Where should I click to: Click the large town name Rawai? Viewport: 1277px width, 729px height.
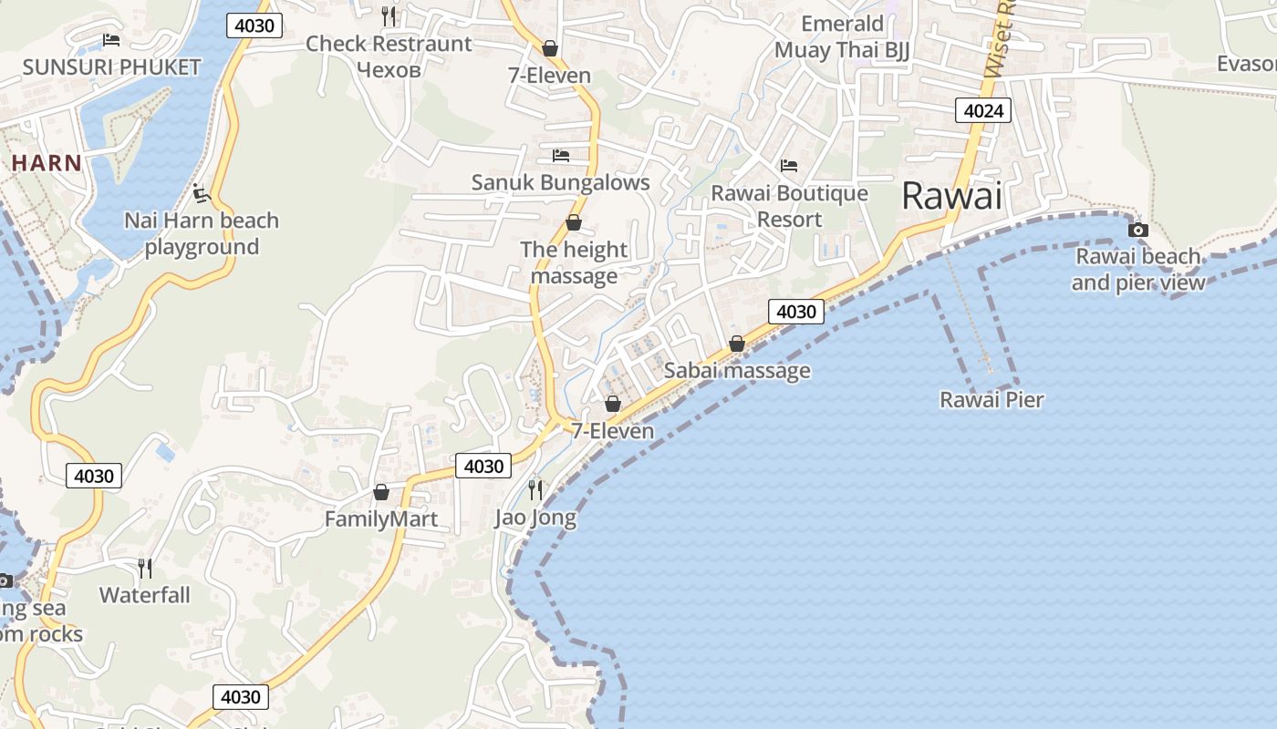951,196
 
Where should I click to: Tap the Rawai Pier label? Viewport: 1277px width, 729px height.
991,399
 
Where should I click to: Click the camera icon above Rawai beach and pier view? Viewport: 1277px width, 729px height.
1137,230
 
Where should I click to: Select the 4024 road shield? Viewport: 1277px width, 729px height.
983,111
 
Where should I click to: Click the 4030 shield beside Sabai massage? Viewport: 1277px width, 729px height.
795,312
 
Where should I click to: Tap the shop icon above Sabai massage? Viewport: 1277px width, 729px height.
736,344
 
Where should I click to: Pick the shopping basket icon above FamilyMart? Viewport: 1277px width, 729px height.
381,492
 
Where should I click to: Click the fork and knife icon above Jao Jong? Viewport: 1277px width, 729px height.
535,490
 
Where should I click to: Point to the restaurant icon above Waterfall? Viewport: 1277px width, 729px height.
145,569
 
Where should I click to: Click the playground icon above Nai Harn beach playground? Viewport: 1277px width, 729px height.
201,193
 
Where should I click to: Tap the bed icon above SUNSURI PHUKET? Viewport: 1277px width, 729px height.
111,40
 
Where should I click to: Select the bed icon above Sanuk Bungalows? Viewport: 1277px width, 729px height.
560,156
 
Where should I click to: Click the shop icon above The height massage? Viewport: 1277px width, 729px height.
574,222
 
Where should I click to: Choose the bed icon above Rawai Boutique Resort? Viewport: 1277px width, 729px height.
789,166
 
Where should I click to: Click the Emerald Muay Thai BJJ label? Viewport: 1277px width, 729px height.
842,36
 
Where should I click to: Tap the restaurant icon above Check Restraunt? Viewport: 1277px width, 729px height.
389,15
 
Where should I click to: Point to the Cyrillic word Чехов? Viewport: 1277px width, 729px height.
389,69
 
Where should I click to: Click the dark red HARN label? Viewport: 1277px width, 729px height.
47,163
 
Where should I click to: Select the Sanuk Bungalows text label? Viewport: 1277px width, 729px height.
560,182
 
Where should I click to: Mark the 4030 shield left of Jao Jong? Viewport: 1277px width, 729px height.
483,467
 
